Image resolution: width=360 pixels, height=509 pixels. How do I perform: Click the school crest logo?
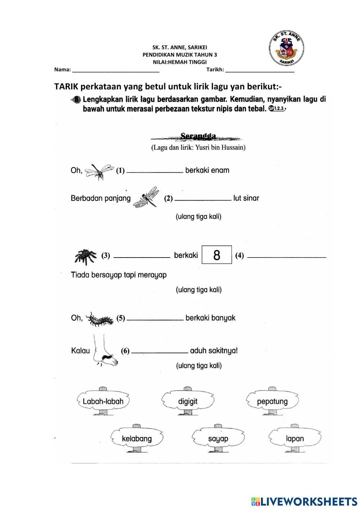287,49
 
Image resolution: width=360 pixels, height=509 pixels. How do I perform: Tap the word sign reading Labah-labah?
103,401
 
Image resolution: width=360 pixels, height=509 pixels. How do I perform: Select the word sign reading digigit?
188,401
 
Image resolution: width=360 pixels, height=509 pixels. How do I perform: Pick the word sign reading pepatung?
272,401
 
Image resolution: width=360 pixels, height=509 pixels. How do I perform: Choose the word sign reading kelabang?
137,438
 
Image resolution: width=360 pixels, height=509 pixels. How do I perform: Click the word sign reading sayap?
218,438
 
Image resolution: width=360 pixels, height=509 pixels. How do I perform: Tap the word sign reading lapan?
295,438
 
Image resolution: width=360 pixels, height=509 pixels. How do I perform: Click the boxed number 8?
216,255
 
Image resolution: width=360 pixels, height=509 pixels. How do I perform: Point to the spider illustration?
86,255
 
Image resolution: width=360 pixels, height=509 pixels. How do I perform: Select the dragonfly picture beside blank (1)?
99,171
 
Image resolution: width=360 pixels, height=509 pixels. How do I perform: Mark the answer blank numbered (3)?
142,256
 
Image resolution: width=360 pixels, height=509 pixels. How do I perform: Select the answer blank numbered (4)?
287,256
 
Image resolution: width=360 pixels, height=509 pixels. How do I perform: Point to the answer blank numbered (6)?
159,352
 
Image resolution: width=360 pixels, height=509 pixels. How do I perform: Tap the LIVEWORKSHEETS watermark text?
304,501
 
